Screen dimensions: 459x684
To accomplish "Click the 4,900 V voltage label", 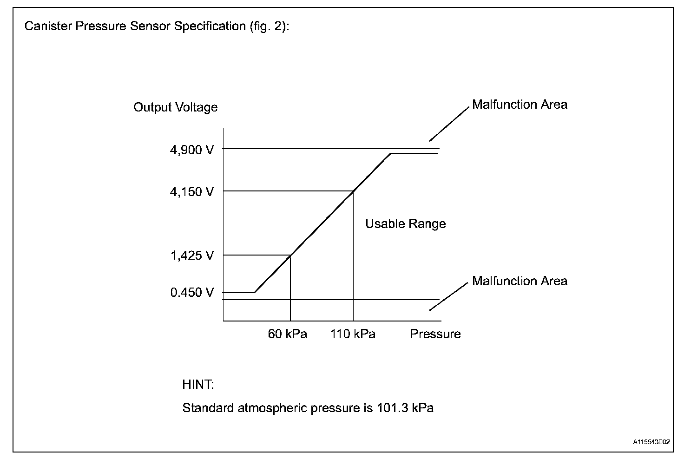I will pos(192,150).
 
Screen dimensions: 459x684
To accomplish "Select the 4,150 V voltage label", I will pos(192,191).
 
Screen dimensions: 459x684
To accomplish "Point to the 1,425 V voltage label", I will pos(192,256).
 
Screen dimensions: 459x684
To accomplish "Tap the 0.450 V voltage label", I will pos(192,292).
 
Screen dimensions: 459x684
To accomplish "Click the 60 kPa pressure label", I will pos(288,334).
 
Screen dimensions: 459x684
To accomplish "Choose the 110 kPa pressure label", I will pos(353,334).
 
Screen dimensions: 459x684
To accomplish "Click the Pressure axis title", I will pos(435,334).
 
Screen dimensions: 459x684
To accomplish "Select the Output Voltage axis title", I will pos(175,107).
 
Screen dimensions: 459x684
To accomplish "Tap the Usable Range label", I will pos(405,224).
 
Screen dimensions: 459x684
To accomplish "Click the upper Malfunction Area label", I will pos(520,105).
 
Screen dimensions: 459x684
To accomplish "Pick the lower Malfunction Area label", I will pos(520,281).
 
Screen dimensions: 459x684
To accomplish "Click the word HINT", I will pos(198,385).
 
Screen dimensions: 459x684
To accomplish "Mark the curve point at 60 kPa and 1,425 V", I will pos(290,255).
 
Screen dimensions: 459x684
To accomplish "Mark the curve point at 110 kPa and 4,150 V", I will pos(353,191).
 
